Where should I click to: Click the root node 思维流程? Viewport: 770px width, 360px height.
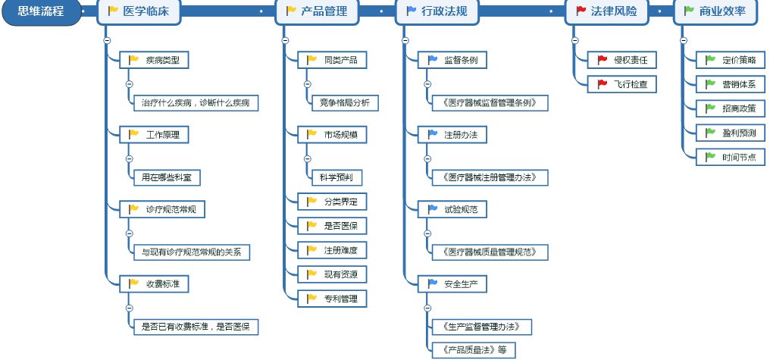click(x=40, y=12)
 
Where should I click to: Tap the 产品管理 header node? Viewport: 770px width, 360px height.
click(x=318, y=11)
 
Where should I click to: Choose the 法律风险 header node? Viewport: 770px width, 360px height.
click(x=606, y=11)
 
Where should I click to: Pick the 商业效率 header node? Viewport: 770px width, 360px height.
click(x=715, y=11)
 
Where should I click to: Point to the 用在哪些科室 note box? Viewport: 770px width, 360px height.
click(x=167, y=179)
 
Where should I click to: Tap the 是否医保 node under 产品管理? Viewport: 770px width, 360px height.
click(x=331, y=226)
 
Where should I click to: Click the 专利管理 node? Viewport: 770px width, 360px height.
click(x=331, y=299)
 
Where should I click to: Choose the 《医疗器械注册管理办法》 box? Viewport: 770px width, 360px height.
click(x=484, y=177)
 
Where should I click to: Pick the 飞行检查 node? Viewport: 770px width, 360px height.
click(x=621, y=84)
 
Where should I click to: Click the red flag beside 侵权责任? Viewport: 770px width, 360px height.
click(x=603, y=60)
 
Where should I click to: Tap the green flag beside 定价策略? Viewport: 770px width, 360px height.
click(x=710, y=60)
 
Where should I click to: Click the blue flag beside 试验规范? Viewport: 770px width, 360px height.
click(x=433, y=208)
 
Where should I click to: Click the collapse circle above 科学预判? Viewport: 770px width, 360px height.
click(x=307, y=158)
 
